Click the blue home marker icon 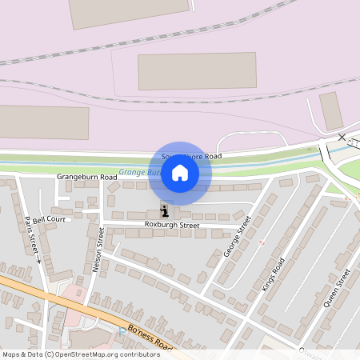(180, 173)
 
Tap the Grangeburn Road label (86, 176)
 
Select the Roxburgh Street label (171, 226)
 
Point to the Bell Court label (49, 218)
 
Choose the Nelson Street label (98, 250)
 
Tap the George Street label (238, 235)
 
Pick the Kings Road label (273, 274)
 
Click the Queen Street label (338, 288)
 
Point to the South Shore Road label (192, 156)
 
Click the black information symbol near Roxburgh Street (165, 211)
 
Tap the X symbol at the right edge (342, 138)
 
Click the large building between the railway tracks (197, 71)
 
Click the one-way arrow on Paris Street (38, 260)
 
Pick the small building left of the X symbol (330, 110)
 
